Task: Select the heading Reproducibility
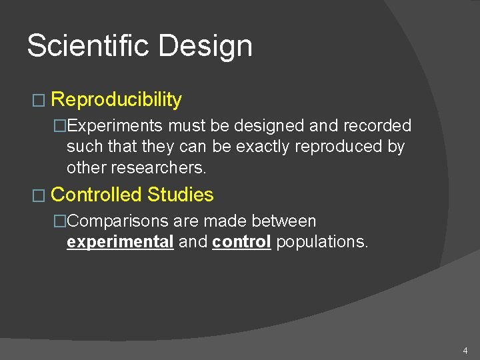tap(116, 100)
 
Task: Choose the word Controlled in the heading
tap(97, 195)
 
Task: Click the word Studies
tap(181, 195)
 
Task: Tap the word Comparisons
tap(120, 221)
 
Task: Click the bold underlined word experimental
tap(120, 241)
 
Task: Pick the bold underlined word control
tap(241, 241)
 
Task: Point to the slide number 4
tap(465, 351)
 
